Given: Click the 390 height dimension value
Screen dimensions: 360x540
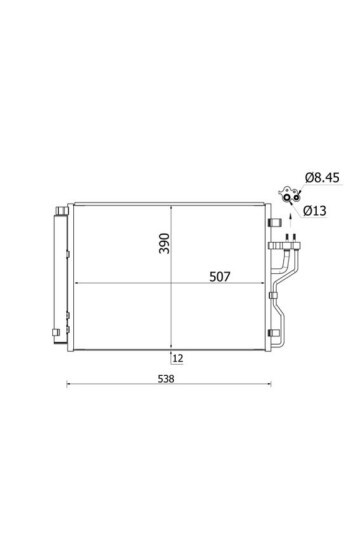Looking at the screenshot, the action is tap(164, 243).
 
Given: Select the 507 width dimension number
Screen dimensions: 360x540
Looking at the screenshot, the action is tap(220, 277).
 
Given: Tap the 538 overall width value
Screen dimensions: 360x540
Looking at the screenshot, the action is tap(166, 379).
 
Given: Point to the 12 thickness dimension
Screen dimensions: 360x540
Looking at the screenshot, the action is tap(178, 359).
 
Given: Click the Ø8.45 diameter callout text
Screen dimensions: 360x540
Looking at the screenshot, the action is tap(322, 178).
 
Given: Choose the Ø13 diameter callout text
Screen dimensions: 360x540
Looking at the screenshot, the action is tap(315, 210).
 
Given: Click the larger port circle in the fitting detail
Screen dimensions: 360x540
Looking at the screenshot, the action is tap(287, 197).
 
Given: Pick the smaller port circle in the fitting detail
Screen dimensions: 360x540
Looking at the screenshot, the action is tap(296, 197).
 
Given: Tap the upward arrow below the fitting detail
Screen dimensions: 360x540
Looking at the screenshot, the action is tap(290, 221).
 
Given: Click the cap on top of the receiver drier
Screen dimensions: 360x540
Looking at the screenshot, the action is tap(62, 211).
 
